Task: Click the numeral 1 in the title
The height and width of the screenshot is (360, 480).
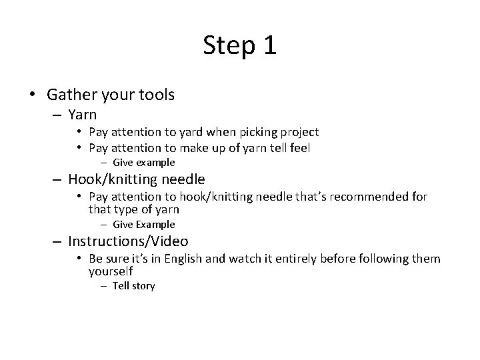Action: (268, 46)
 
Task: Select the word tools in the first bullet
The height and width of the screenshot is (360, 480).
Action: (155, 95)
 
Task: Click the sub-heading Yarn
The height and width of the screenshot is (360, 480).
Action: (82, 115)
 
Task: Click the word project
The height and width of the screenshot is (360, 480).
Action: (297, 132)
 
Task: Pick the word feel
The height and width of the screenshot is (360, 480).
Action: (299, 148)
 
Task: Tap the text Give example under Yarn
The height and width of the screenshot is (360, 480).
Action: (143, 163)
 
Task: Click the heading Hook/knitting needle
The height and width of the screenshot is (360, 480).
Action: (136, 179)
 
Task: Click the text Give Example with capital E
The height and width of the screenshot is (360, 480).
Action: (143, 225)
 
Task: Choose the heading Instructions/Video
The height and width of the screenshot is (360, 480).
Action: (128, 241)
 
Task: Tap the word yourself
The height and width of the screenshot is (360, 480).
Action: (111, 271)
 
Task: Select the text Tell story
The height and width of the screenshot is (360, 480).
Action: (133, 286)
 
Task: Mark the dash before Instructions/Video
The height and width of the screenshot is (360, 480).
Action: (56, 241)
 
